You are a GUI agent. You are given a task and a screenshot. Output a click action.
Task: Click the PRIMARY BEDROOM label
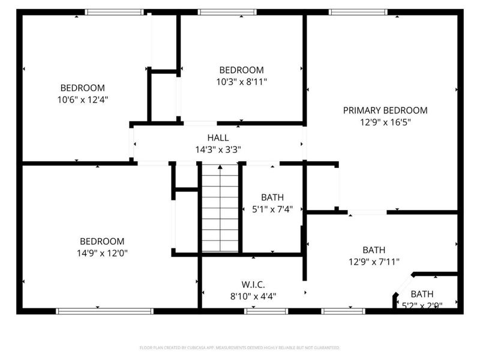click(385, 110)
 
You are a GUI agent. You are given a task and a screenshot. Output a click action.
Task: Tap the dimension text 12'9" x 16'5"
click(385, 122)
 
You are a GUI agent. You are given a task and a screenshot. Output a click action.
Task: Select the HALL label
click(218, 138)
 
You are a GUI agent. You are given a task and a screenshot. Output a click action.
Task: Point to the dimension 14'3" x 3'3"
click(218, 149)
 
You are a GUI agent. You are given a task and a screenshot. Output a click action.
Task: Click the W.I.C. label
click(253, 284)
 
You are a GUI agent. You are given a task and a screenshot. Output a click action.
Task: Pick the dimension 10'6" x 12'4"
click(82, 99)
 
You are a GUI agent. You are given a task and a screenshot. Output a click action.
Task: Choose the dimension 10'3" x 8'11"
click(241, 81)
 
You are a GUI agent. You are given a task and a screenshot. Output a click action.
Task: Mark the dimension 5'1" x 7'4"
click(272, 209)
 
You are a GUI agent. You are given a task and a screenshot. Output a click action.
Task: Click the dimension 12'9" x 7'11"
click(374, 261)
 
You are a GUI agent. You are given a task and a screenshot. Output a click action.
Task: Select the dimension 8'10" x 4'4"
click(253, 296)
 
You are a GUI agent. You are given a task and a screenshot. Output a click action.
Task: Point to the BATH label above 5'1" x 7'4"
click(272, 197)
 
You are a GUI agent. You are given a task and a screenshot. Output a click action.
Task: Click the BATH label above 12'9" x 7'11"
click(374, 250)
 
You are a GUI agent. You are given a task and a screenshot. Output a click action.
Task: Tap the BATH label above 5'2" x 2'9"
click(422, 294)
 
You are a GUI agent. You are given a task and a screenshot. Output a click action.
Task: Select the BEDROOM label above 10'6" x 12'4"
click(82, 88)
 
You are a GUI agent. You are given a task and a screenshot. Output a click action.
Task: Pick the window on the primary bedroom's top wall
click(358, 11)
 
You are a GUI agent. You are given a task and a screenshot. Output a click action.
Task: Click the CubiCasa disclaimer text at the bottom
click(239, 347)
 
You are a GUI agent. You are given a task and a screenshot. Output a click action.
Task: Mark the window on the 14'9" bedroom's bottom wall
click(105, 311)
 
